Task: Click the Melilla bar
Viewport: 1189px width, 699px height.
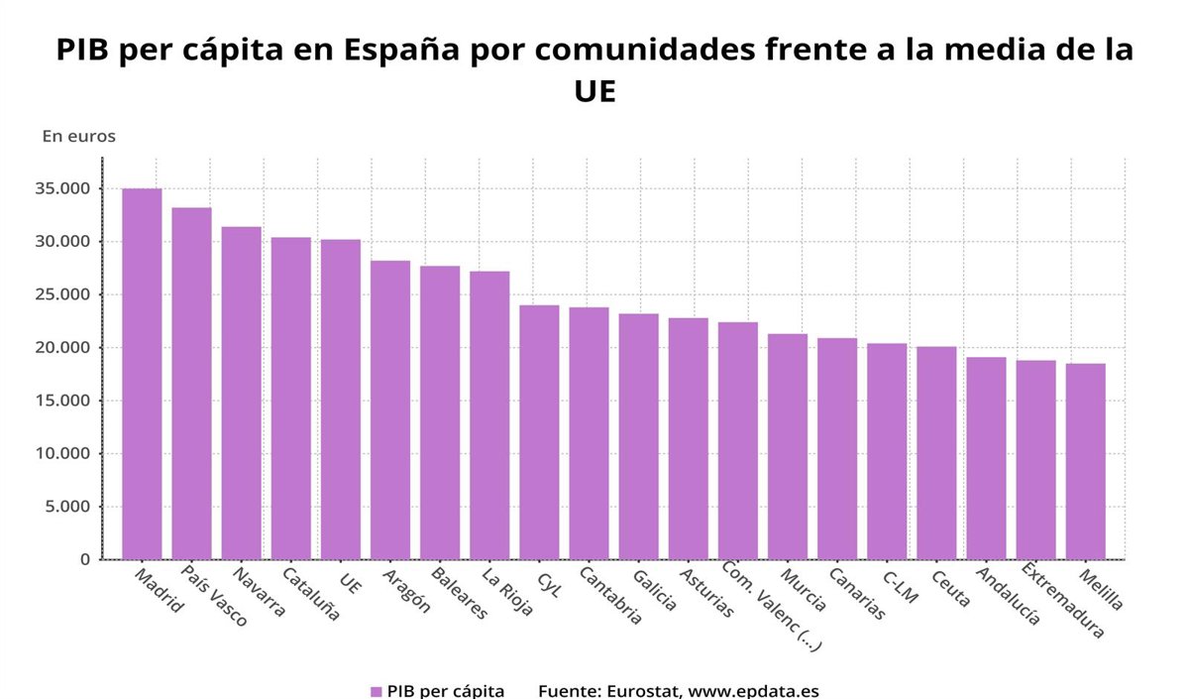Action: (1085, 461)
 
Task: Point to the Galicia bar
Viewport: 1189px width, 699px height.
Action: (639, 436)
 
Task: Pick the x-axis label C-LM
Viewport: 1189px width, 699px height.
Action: (901, 585)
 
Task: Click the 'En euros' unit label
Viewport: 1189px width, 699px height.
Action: (78, 137)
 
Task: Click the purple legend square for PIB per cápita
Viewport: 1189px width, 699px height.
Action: (376, 691)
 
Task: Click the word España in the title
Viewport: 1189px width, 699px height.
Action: (390, 51)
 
